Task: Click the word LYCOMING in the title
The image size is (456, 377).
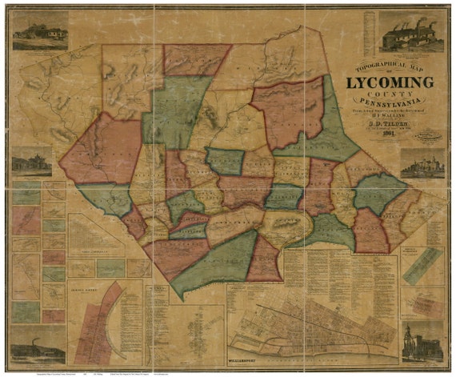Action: pos(390,82)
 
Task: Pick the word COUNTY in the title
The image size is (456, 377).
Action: pos(390,93)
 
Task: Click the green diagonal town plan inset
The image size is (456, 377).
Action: pos(422,265)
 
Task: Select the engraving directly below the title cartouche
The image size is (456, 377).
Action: pos(422,165)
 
